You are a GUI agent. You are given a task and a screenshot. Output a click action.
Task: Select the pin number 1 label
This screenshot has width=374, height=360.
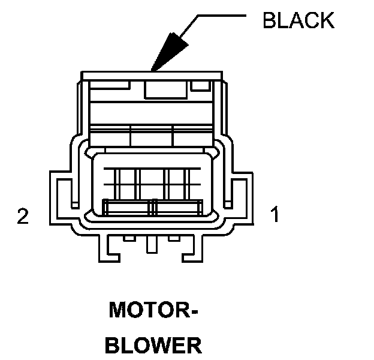(275, 214)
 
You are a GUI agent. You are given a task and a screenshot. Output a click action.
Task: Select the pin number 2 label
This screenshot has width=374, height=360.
(23, 216)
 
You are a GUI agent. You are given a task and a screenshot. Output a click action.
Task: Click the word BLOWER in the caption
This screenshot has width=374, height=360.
(153, 346)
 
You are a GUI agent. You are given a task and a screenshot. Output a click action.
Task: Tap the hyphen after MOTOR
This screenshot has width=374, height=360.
(194, 312)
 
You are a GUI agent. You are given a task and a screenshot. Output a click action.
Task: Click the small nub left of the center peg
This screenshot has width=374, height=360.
(128, 239)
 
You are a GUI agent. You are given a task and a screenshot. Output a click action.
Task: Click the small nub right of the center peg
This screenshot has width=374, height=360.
(174, 239)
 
